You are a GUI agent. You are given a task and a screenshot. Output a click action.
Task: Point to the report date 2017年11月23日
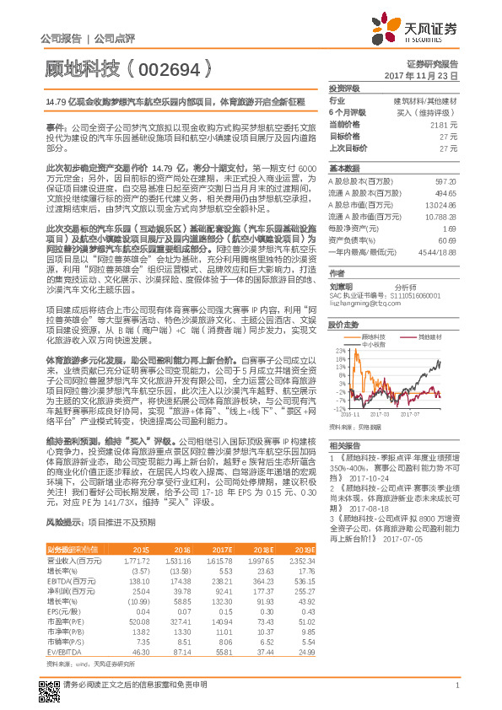coord(421,76)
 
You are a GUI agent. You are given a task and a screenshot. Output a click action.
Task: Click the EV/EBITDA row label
coord(64,651)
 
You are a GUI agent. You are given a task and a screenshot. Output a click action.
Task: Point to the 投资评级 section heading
coord(344,89)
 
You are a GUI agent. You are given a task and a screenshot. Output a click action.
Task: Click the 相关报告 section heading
coord(344,446)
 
